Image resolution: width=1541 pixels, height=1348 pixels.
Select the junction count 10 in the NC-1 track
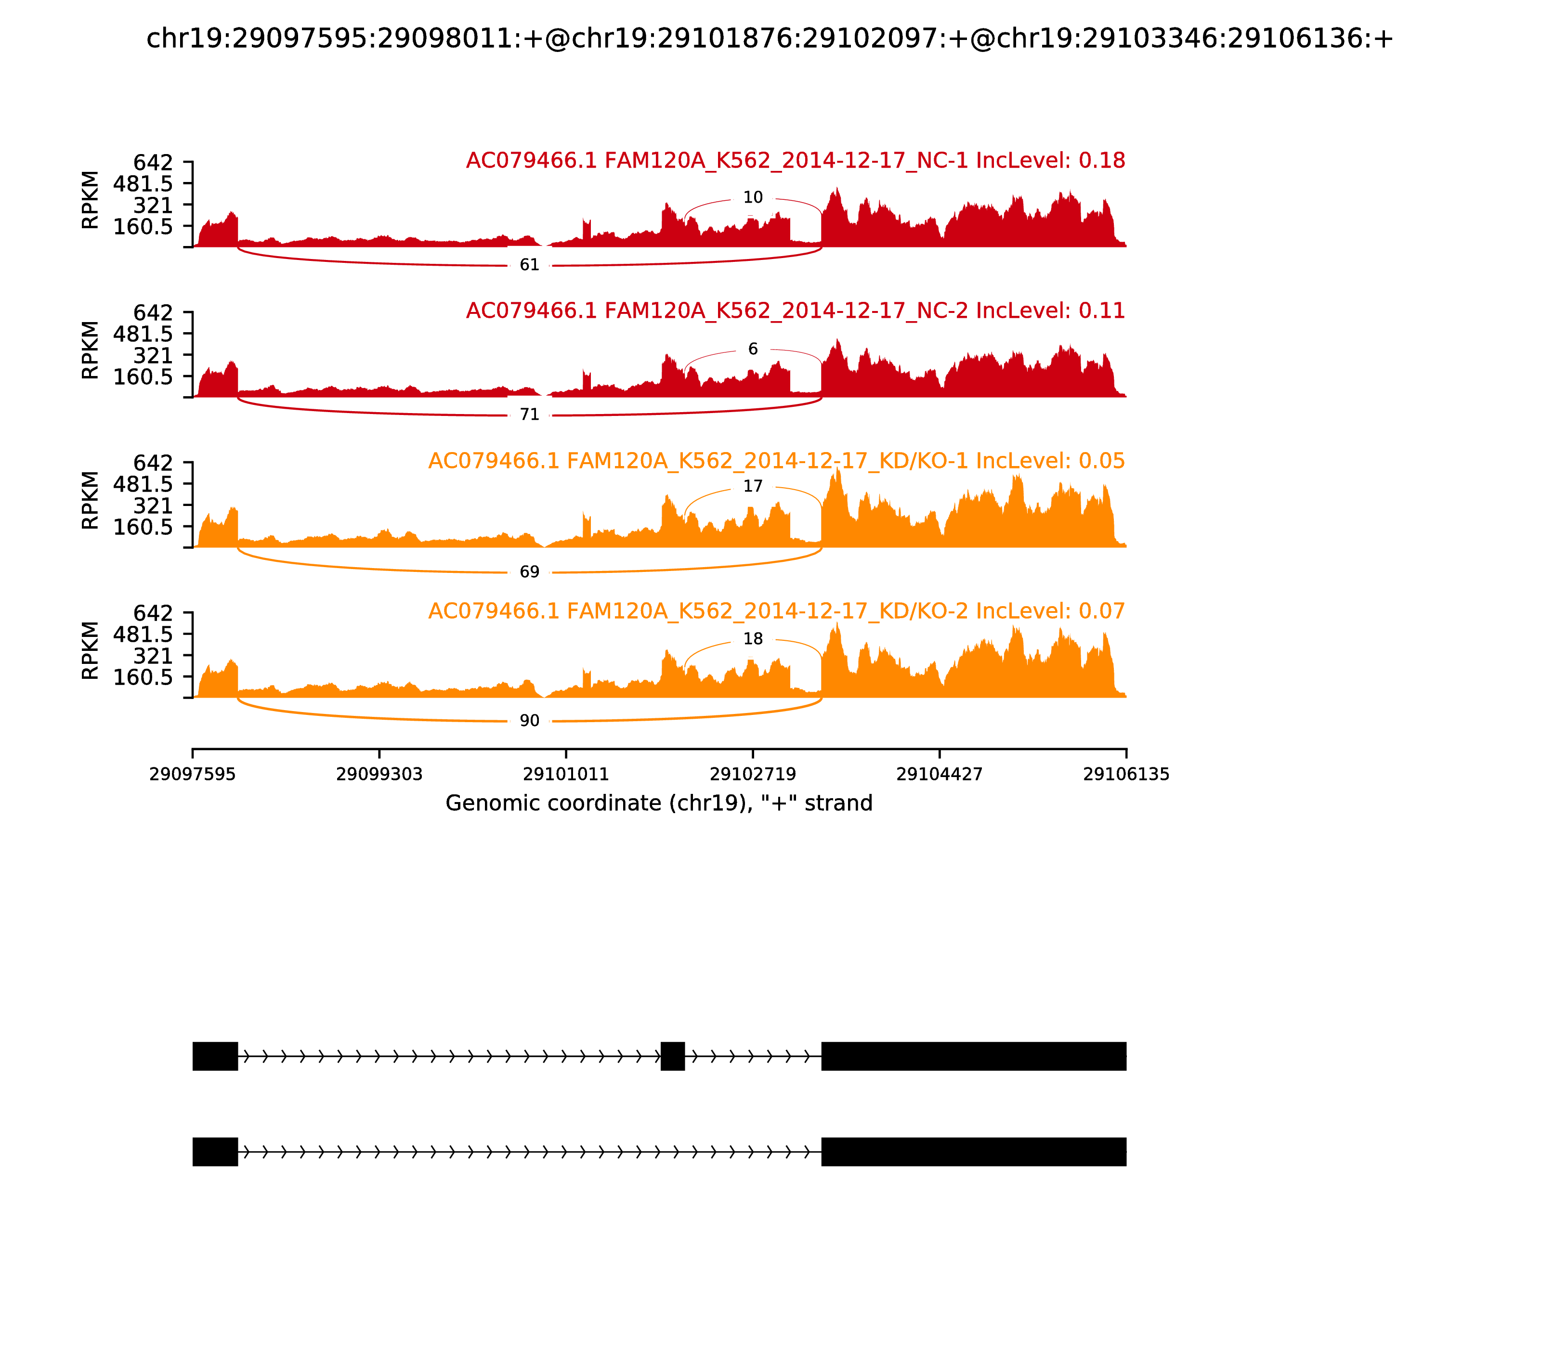coord(752,198)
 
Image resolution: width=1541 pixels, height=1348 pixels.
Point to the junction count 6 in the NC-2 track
coord(752,349)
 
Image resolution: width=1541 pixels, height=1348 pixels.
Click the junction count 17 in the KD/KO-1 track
coord(752,487)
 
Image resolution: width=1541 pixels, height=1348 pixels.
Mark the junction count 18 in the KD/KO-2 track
coord(752,639)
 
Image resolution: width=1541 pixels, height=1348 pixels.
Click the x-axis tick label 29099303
coord(379,774)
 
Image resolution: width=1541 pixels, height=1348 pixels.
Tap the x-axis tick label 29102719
coord(752,774)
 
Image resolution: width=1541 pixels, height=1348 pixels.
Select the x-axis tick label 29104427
coord(939,774)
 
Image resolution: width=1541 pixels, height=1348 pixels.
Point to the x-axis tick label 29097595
coord(193,774)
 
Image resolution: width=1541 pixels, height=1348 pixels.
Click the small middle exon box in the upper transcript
coord(673,1056)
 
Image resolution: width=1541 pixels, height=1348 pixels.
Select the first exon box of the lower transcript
coord(215,1152)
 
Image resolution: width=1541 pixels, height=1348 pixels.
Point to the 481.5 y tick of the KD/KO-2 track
coord(143,634)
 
